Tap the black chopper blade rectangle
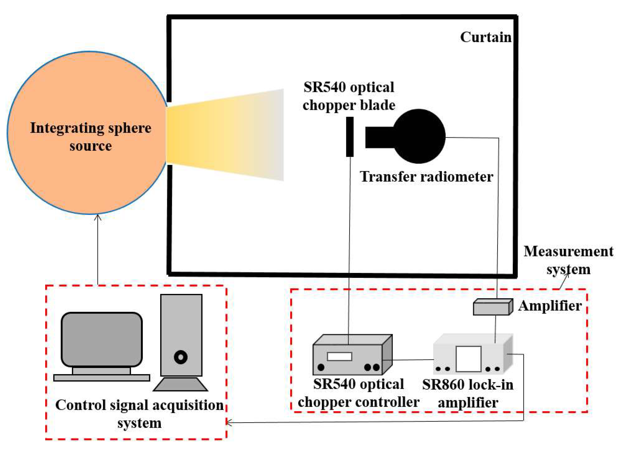[x=350, y=137]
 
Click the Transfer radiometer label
[x=426, y=177]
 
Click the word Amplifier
[x=549, y=306]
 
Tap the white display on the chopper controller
[x=339, y=356]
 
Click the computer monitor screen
[x=102, y=340]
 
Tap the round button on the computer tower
[x=180, y=357]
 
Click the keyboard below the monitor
[x=101, y=378]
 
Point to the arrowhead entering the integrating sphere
[x=98, y=217]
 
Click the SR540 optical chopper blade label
[x=349, y=96]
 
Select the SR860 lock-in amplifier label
[x=468, y=394]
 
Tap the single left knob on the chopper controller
[x=321, y=367]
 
